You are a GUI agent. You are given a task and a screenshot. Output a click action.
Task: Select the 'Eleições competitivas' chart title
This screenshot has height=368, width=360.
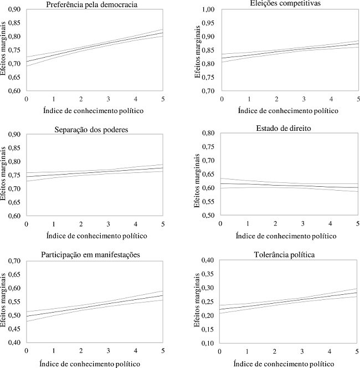pyautogui.click(x=287, y=3)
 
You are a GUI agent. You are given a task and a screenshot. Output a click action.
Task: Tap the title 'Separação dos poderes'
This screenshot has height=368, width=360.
pyautogui.click(x=93, y=130)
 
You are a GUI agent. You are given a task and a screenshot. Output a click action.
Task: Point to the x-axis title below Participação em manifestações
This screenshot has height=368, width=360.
pyautogui.click(x=93, y=364)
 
